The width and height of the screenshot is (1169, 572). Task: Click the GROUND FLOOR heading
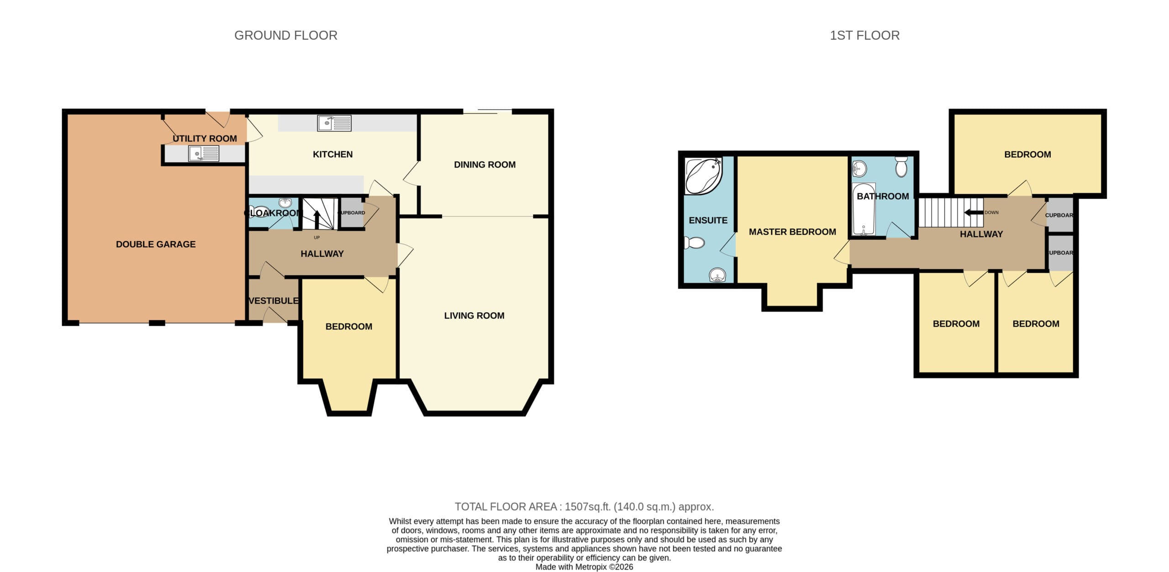pos(286,35)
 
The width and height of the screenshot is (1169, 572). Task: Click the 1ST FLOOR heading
pos(864,35)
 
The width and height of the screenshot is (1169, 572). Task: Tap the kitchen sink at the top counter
pos(334,123)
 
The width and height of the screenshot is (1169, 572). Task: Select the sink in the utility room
pos(204,153)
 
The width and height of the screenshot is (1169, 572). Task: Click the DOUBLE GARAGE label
pos(156,244)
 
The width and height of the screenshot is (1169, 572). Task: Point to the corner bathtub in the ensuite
pos(703,176)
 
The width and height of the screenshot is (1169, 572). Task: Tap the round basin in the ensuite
pos(717,275)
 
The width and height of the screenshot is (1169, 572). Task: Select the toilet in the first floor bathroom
pos(901,167)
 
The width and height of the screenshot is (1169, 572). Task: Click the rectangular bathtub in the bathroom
pos(864,209)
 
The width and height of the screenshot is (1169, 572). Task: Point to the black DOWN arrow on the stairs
pos(974,212)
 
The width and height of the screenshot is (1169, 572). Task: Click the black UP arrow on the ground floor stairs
pos(317,219)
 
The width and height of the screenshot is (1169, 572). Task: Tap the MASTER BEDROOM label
pos(792,232)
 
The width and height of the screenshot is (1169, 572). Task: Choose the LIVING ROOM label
pos(474,316)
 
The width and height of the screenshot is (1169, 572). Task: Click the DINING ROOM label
pos(484,164)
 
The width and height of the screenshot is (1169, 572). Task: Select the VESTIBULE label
pos(274,301)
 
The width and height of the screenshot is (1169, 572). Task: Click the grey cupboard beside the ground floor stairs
pos(352,212)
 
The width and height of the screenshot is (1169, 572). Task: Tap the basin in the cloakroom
pos(285,203)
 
